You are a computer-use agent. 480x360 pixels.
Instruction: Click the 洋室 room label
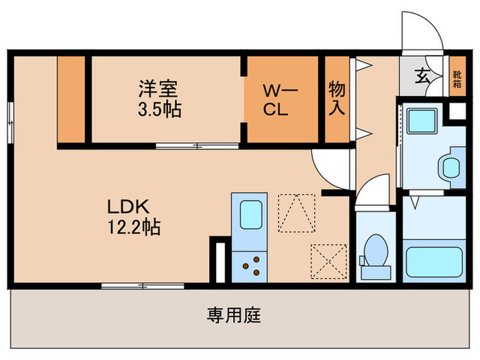coord(158,88)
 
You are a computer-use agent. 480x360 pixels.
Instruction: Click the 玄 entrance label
coord(424,75)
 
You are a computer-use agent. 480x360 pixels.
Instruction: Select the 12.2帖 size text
coord(132,227)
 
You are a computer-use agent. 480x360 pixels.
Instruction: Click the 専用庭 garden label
coord(234,316)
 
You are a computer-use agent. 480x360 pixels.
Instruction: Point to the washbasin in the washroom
coord(451,165)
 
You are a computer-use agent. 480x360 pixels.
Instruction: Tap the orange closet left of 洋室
coord(71,99)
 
